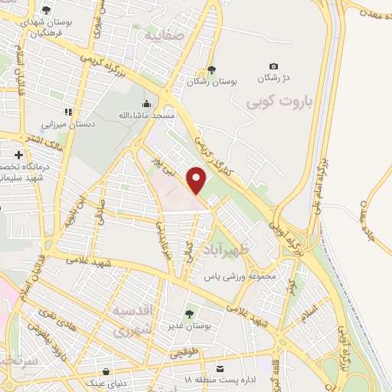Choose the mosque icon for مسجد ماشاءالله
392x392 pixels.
click(145, 103)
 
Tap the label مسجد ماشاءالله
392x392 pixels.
click(146, 116)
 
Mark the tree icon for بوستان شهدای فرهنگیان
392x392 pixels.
click(46, 11)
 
